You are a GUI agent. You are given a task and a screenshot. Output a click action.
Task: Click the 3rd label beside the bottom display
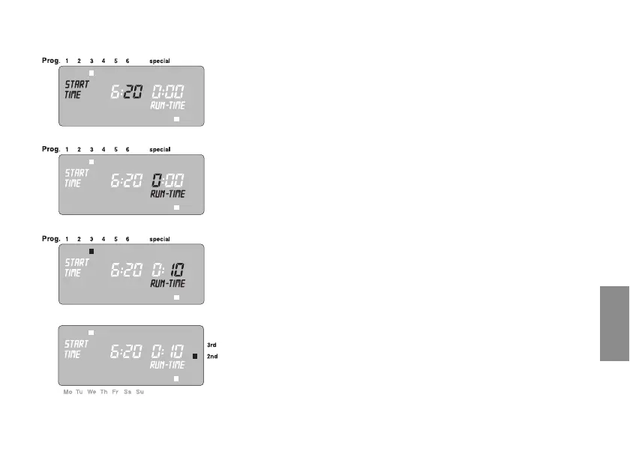click(x=212, y=345)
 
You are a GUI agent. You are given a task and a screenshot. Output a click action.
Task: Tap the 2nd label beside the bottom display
click(x=212, y=357)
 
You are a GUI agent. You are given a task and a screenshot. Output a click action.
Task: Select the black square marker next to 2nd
click(x=195, y=357)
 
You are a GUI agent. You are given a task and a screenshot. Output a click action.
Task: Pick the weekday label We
click(x=91, y=392)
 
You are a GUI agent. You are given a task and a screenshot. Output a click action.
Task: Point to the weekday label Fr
click(x=115, y=392)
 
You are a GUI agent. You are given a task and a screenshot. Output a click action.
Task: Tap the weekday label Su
click(x=139, y=392)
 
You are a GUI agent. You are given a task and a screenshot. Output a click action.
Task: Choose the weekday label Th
click(x=103, y=392)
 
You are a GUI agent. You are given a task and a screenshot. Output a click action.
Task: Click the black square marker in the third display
click(x=91, y=252)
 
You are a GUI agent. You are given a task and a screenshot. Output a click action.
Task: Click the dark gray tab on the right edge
click(x=614, y=322)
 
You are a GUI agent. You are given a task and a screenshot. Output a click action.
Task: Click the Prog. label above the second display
click(x=50, y=149)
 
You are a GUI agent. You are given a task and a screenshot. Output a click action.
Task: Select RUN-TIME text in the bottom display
click(x=167, y=365)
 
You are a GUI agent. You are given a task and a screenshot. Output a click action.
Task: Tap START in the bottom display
click(x=76, y=343)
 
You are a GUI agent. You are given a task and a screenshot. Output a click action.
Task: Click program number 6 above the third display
click(x=127, y=239)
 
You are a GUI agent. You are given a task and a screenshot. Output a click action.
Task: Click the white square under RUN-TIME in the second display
click(x=176, y=208)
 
